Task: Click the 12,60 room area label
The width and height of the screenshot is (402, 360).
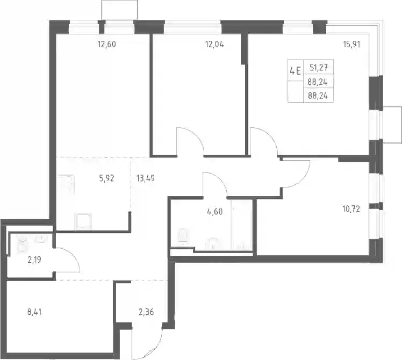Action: pyautogui.click(x=106, y=45)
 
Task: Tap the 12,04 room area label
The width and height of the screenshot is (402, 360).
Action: pyautogui.click(x=214, y=45)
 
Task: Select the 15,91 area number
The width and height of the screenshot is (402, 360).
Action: pyautogui.click(x=351, y=45)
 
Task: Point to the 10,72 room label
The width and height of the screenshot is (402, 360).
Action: pyautogui.click(x=351, y=209)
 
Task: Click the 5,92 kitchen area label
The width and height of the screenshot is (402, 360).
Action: pyautogui.click(x=106, y=178)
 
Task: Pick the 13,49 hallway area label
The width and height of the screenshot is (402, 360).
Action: pyautogui.click(x=145, y=178)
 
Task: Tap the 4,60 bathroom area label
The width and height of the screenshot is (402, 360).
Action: pyautogui.click(x=214, y=212)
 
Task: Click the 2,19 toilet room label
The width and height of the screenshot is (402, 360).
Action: pyautogui.click(x=34, y=260)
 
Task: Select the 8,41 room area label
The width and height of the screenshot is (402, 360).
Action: pyautogui.click(x=34, y=312)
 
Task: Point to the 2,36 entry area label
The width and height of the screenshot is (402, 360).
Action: pyautogui.click(x=146, y=312)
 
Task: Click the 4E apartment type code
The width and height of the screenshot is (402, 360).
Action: pyautogui.click(x=295, y=70)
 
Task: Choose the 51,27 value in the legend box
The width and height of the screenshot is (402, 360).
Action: pyautogui.click(x=318, y=68)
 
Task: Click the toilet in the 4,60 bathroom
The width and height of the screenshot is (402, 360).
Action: pyautogui.click(x=182, y=235)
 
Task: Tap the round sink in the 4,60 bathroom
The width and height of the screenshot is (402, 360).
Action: pyautogui.click(x=212, y=243)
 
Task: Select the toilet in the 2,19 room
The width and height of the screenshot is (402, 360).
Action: pyautogui.click(x=23, y=246)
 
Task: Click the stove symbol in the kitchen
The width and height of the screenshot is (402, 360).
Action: pyautogui.click(x=66, y=184)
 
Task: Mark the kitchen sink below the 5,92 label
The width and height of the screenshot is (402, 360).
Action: pyautogui.click(x=83, y=221)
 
